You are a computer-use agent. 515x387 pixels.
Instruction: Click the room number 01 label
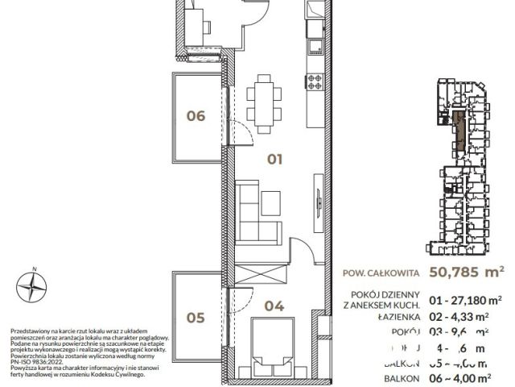pos(275,160)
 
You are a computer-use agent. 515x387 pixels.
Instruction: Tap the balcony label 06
pos(196,116)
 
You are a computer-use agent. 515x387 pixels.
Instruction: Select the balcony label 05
pos(196,318)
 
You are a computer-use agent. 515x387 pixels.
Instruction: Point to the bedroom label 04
pos(275,306)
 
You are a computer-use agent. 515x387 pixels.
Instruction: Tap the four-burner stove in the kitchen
pos(314,81)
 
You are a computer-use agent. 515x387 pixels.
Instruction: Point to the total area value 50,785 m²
pos(468,272)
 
